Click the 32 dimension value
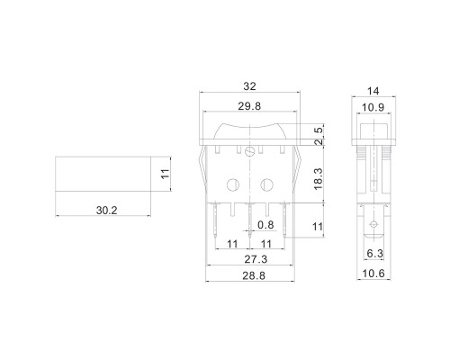(249, 86)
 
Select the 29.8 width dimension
(249, 106)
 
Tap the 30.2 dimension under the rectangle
(107, 211)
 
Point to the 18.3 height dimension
(318, 178)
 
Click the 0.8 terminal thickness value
(265, 225)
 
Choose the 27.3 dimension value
(256, 259)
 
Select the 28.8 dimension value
(254, 275)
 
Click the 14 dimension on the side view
(373, 91)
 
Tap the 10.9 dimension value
(373, 107)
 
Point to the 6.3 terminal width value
(375, 254)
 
